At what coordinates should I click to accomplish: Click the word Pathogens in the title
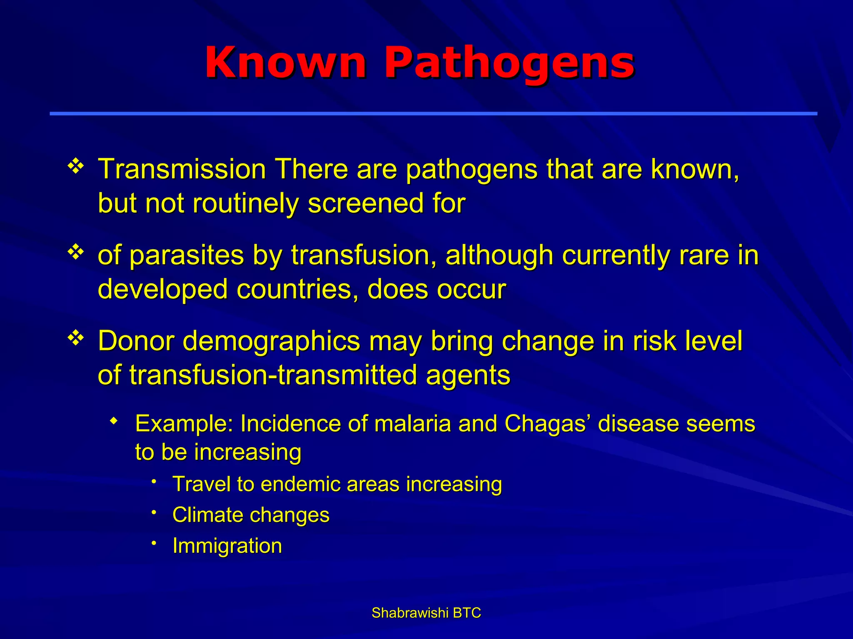[x=509, y=63]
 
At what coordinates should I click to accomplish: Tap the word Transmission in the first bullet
[x=182, y=170]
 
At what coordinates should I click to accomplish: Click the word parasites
[x=187, y=255]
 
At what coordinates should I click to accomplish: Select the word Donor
[x=136, y=341]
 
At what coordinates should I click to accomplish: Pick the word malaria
[x=413, y=424]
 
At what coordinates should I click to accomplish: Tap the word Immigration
[x=227, y=546]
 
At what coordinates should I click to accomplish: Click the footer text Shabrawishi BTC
[x=426, y=613]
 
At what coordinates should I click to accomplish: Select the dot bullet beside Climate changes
[x=154, y=512]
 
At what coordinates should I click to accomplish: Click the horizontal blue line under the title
[x=433, y=113]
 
